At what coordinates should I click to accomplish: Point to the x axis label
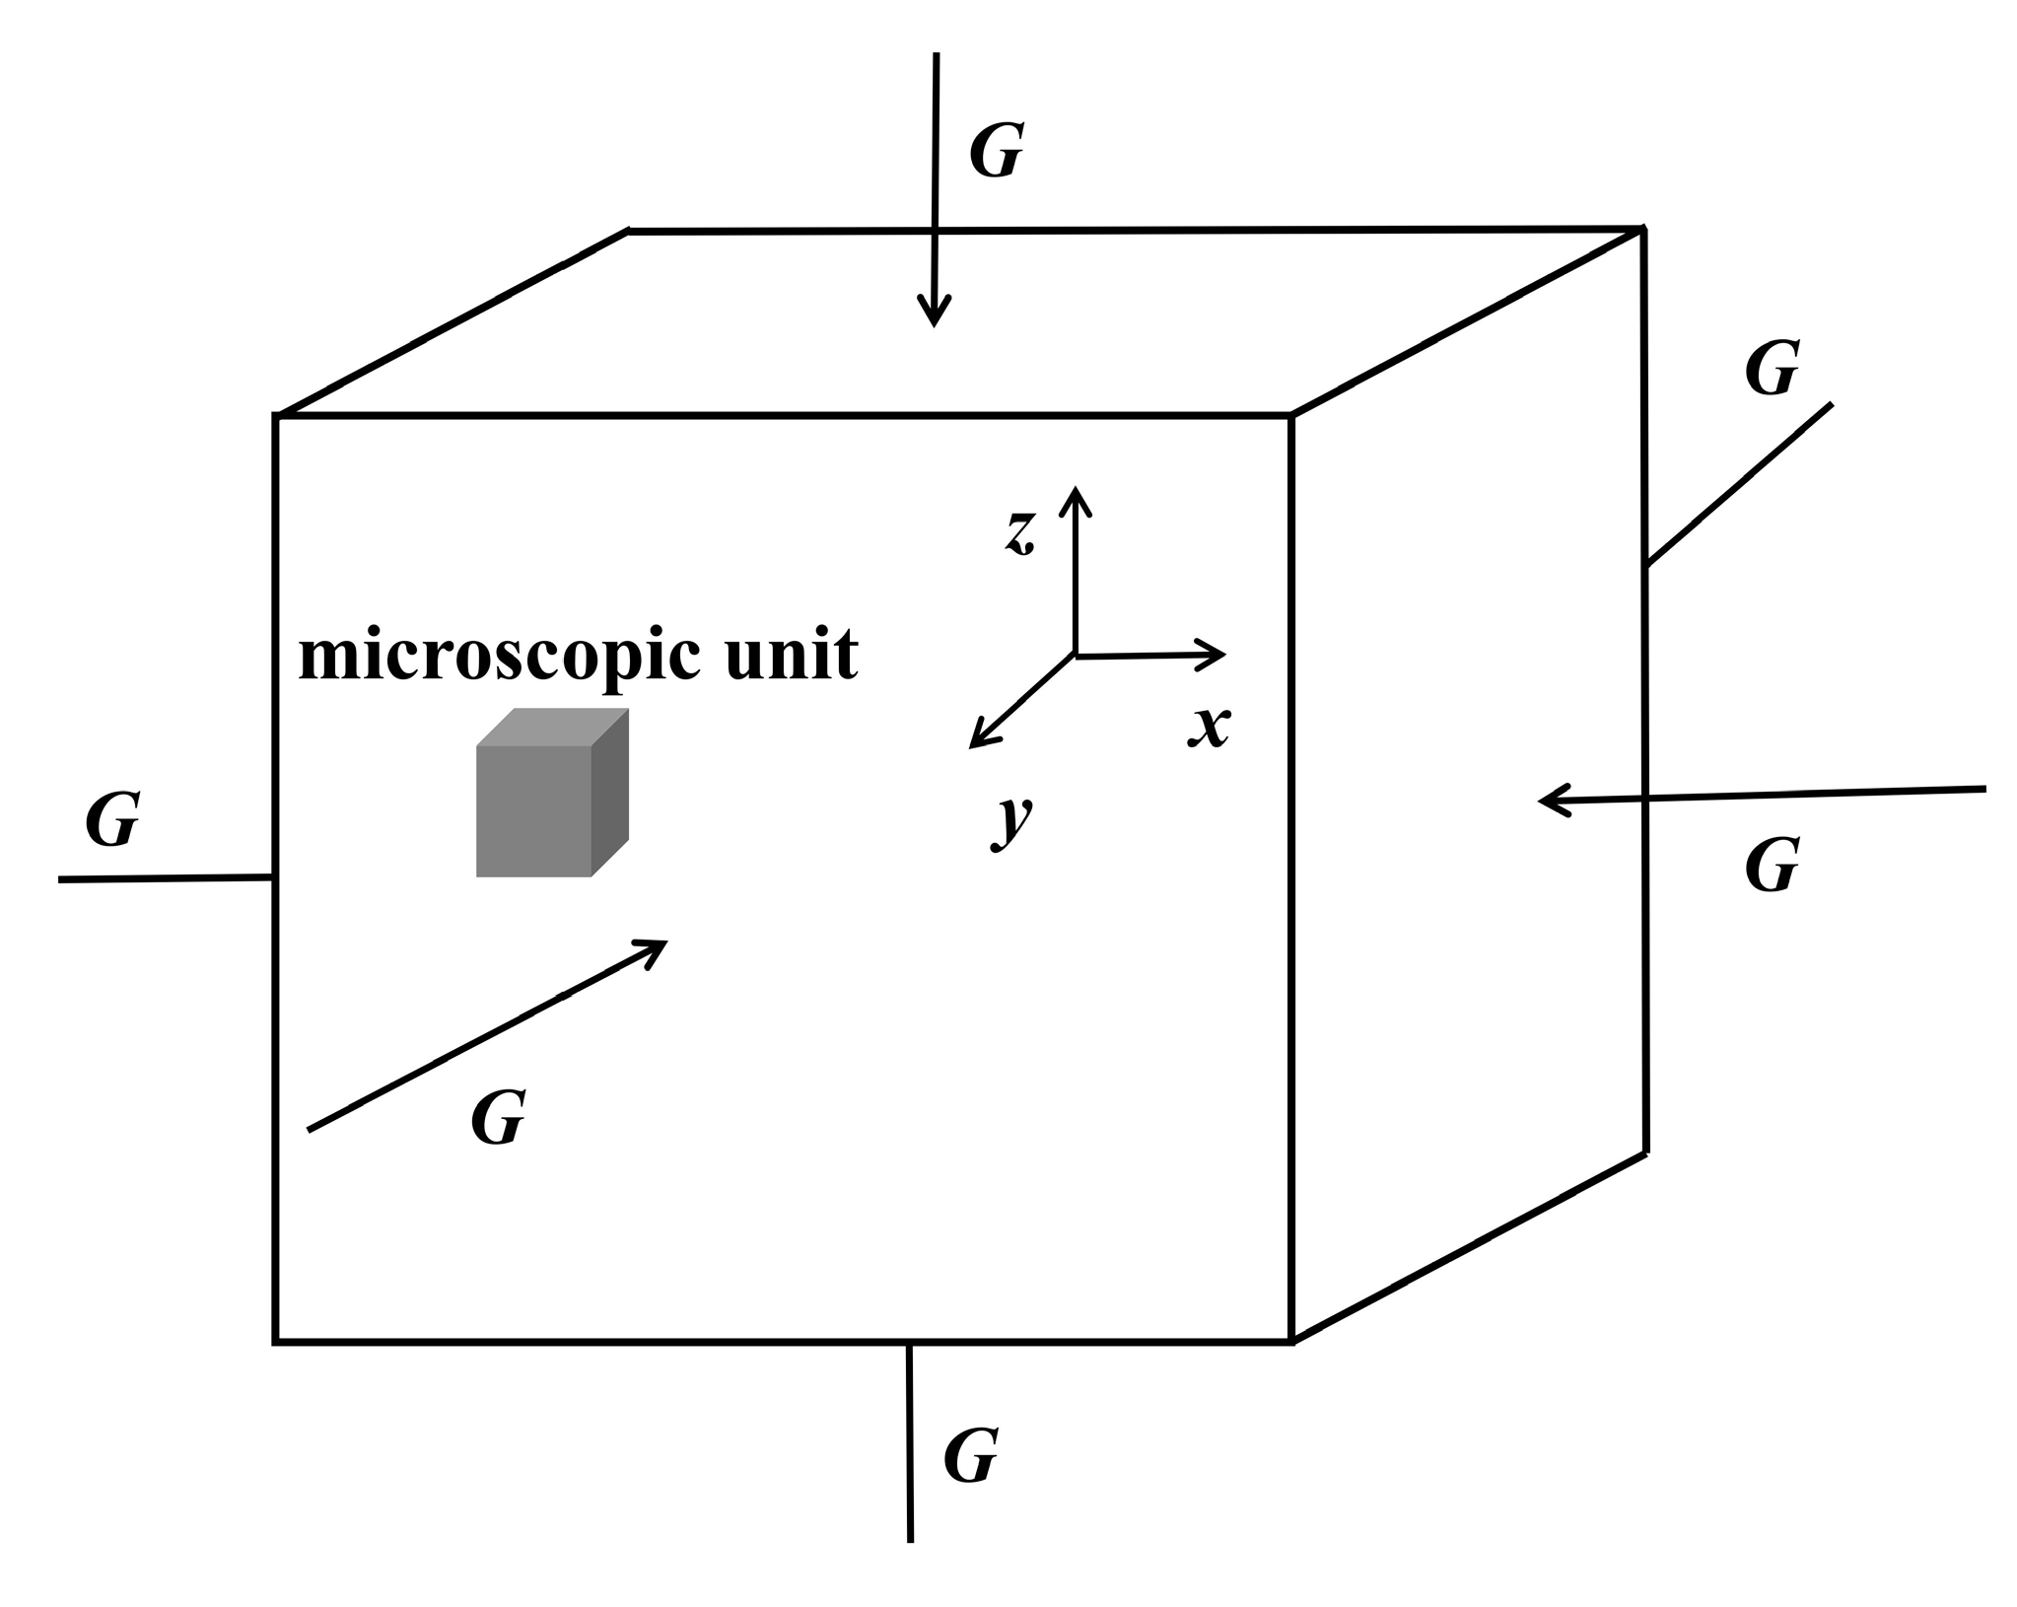1209,728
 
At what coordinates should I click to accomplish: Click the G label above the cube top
996,151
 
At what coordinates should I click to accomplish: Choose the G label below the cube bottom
970,1455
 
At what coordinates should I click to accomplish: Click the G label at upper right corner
1772,369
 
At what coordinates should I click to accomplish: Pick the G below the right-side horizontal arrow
1772,866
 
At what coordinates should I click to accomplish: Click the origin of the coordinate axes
1075,655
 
